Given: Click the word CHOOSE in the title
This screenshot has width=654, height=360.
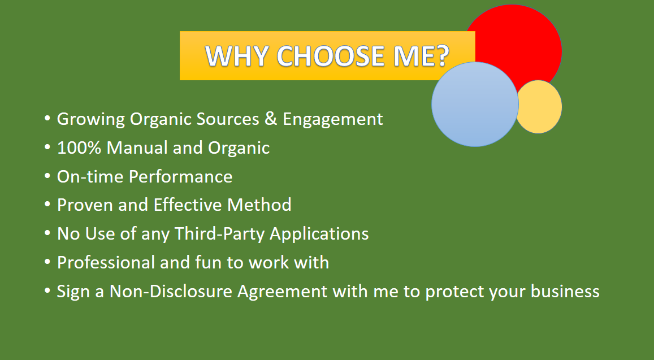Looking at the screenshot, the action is [x=330, y=56].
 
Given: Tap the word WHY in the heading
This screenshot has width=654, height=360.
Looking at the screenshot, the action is [x=236, y=56].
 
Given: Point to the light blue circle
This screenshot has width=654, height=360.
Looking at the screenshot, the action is [x=475, y=105].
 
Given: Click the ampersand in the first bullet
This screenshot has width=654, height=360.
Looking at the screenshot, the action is [x=271, y=119].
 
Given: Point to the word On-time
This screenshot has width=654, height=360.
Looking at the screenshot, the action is [x=90, y=176].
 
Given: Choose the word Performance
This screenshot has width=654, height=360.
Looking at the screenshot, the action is [x=181, y=176].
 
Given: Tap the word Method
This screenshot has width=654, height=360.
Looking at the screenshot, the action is [x=259, y=205].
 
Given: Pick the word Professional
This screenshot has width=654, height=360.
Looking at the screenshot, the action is [x=106, y=262].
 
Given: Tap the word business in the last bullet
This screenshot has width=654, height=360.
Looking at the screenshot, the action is [x=565, y=291].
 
